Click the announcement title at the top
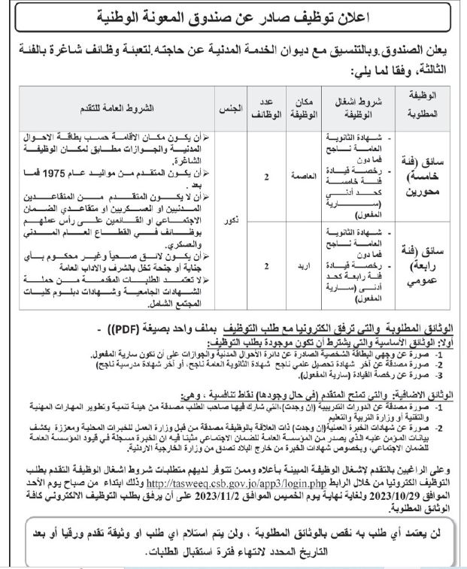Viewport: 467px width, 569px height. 233,16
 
